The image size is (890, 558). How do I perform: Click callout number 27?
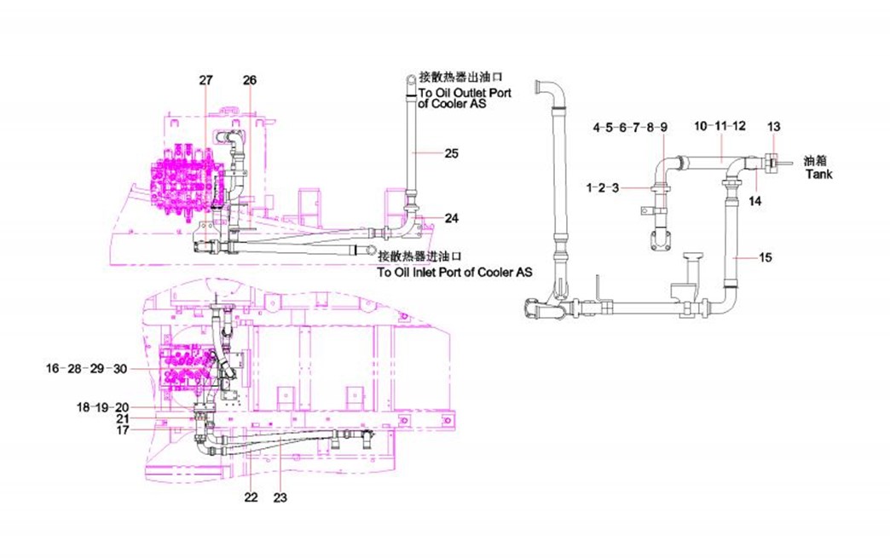coord(205,80)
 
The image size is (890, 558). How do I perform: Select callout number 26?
coord(249,80)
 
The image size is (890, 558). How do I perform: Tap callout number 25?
coord(452,153)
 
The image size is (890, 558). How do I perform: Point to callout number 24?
coord(452,218)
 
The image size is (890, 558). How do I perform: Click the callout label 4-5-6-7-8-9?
coord(631,127)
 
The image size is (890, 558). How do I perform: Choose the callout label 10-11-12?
coord(720,126)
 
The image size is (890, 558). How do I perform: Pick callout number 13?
coord(773,127)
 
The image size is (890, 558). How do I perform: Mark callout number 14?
coord(755,201)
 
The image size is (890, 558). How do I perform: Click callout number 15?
coord(766,257)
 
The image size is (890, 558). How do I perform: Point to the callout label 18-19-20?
coord(102,407)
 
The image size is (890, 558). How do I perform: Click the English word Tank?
coord(818,174)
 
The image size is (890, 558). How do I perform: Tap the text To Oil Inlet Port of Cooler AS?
coord(454,272)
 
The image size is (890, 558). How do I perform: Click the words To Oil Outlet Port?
coord(465,93)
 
